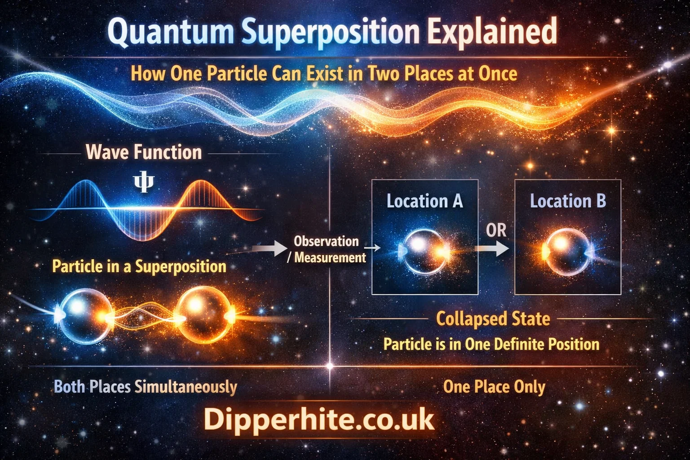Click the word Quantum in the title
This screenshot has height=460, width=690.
pyautogui.click(x=171, y=32)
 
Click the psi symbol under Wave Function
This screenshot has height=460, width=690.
pyautogui.click(x=144, y=182)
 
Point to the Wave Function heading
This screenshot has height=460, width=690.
pyautogui.click(x=144, y=152)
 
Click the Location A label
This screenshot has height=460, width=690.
pyautogui.click(x=425, y=201)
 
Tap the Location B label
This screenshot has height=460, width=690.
pyautogui.click(x=568, y=201)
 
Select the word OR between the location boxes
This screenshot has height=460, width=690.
pyautogui.click(x=496, y=230)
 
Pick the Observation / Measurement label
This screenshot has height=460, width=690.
pyautogui.click(x=328, y=249)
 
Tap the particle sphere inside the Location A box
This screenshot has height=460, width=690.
pyautogui.click(x=425, y=252)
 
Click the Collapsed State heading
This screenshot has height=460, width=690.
pyautogui.click(x=493, y=318)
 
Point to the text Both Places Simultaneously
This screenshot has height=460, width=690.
pyautogui.click(x=145, y=387)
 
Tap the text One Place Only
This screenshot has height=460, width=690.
pyautogui.click(x=494, y=387)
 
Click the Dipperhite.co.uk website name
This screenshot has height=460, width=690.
pyautogui.click(x=319, y=420)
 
